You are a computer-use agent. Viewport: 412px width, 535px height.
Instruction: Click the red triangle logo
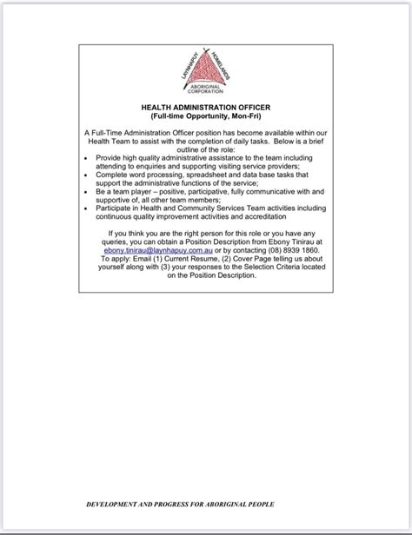205,69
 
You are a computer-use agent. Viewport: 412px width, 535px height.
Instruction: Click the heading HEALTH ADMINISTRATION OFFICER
205,107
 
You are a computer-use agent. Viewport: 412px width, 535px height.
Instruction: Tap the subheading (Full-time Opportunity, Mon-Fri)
205,116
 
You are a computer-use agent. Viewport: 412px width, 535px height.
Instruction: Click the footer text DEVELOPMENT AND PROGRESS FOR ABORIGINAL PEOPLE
180,504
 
